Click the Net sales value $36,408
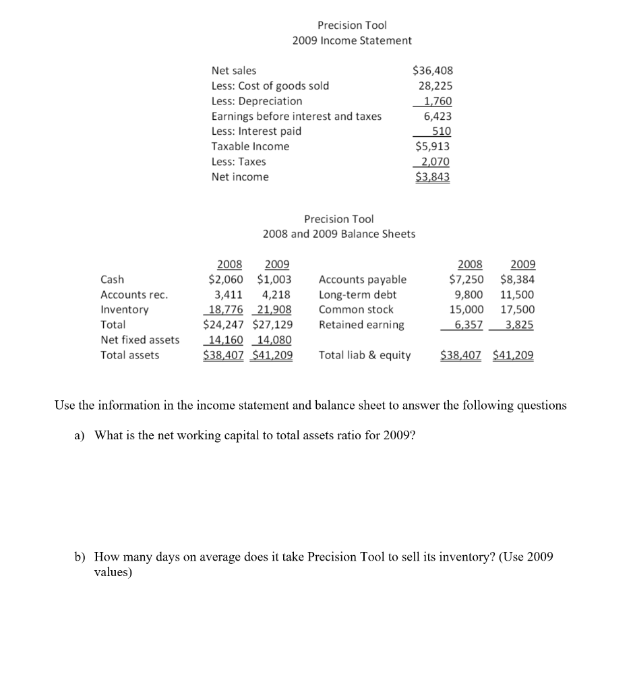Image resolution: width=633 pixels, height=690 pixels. [432, 71]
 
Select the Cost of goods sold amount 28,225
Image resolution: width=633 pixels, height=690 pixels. [435, 86]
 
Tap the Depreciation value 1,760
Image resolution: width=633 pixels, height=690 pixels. [437, 101]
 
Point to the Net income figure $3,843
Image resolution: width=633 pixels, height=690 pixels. [432, 177]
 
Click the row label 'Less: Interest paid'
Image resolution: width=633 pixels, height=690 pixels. [256, 131]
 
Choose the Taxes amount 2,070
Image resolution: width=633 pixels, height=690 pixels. [435, 162]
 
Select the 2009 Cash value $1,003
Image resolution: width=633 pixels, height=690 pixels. [274, 280]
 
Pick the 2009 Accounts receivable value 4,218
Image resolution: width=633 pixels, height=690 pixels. [276, 294]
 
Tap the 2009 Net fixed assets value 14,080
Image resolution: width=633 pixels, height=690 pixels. [276, 340]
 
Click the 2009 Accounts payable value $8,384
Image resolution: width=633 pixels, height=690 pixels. [517, 280]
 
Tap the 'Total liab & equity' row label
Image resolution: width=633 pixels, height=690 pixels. [364, 355]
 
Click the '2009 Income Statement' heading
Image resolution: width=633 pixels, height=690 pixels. [352, 40]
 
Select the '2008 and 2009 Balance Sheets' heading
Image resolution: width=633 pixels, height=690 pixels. [338, 234]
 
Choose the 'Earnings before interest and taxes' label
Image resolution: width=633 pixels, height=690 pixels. [296, 117]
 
